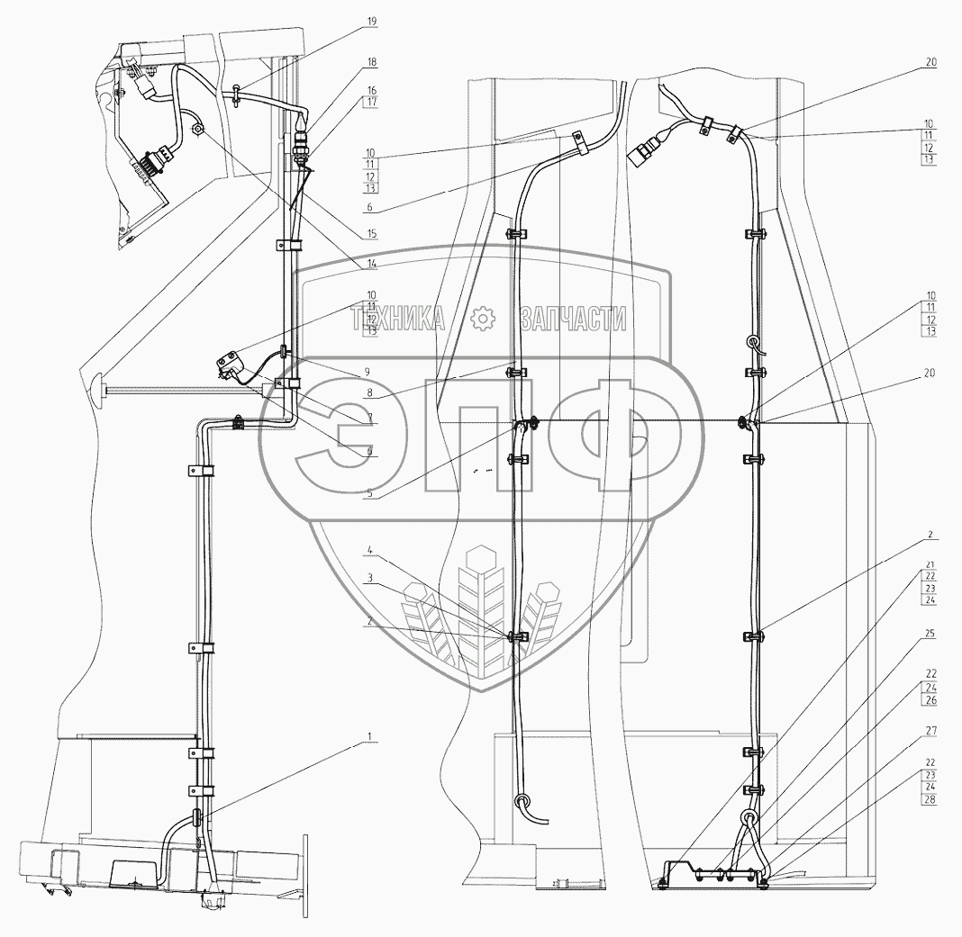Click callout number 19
pyautogui.click(x=372, y=21)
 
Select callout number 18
pyautogui.click(x=372, y=62)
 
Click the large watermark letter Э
pyautogui.click(x=329, y=435)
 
